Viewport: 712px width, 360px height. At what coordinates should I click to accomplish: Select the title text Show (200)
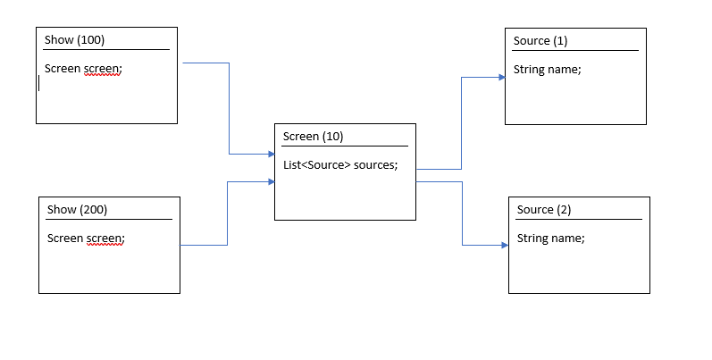click(x=77, y=209)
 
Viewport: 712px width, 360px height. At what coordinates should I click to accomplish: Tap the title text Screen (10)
click(x=313, y=137)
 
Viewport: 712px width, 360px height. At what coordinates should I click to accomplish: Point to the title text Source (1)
click(x=540, y=41)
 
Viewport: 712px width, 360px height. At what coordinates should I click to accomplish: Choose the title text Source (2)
click(x=544, y=210)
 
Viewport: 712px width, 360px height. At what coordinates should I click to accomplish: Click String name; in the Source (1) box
click(x=548, y=70)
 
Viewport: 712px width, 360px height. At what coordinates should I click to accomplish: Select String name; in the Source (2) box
click(x=551, y=239)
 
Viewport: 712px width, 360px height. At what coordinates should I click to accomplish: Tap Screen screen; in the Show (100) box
click(x=83, y=68)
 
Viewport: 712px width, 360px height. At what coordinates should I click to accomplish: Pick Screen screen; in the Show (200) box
click(x=86, y=238)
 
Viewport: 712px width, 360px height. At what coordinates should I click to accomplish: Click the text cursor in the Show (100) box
click(x=39, y=83)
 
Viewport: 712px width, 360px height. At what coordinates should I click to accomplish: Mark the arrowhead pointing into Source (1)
click(x=501, y=78)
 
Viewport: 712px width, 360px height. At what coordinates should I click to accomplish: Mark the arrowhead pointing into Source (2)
click(x=505, y=245)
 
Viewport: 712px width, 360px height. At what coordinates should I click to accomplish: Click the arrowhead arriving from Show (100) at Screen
click(x=271, y=155)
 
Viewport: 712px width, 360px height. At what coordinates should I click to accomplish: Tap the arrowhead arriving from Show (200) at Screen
click(x=271, y=181)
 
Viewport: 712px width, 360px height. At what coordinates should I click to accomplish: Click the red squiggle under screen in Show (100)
click(x=103, y=76)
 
